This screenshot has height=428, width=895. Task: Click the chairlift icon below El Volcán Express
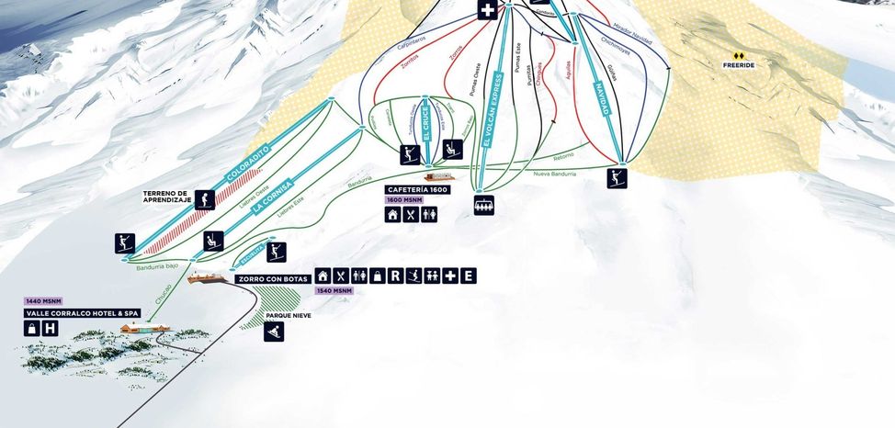click(x=484, y=205)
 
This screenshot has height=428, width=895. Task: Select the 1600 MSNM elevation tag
click(x=403, y=199)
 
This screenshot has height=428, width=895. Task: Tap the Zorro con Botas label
click(x=272, y=277)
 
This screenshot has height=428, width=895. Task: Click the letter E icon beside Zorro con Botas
click(x=468, y=276)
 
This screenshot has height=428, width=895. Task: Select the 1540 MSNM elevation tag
click(x=334, y=291)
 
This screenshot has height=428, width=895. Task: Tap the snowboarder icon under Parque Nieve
click(x=274, y=332)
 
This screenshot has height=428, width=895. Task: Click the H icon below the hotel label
click(x=51, y=328)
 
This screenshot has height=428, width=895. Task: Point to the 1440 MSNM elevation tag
click(x=44, y=301)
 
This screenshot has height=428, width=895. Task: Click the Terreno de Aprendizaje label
click(x=165, y=196)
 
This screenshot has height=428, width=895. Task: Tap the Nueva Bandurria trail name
click(x=554, y=173)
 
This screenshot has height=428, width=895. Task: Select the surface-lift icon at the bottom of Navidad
click(x=617, y=177)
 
